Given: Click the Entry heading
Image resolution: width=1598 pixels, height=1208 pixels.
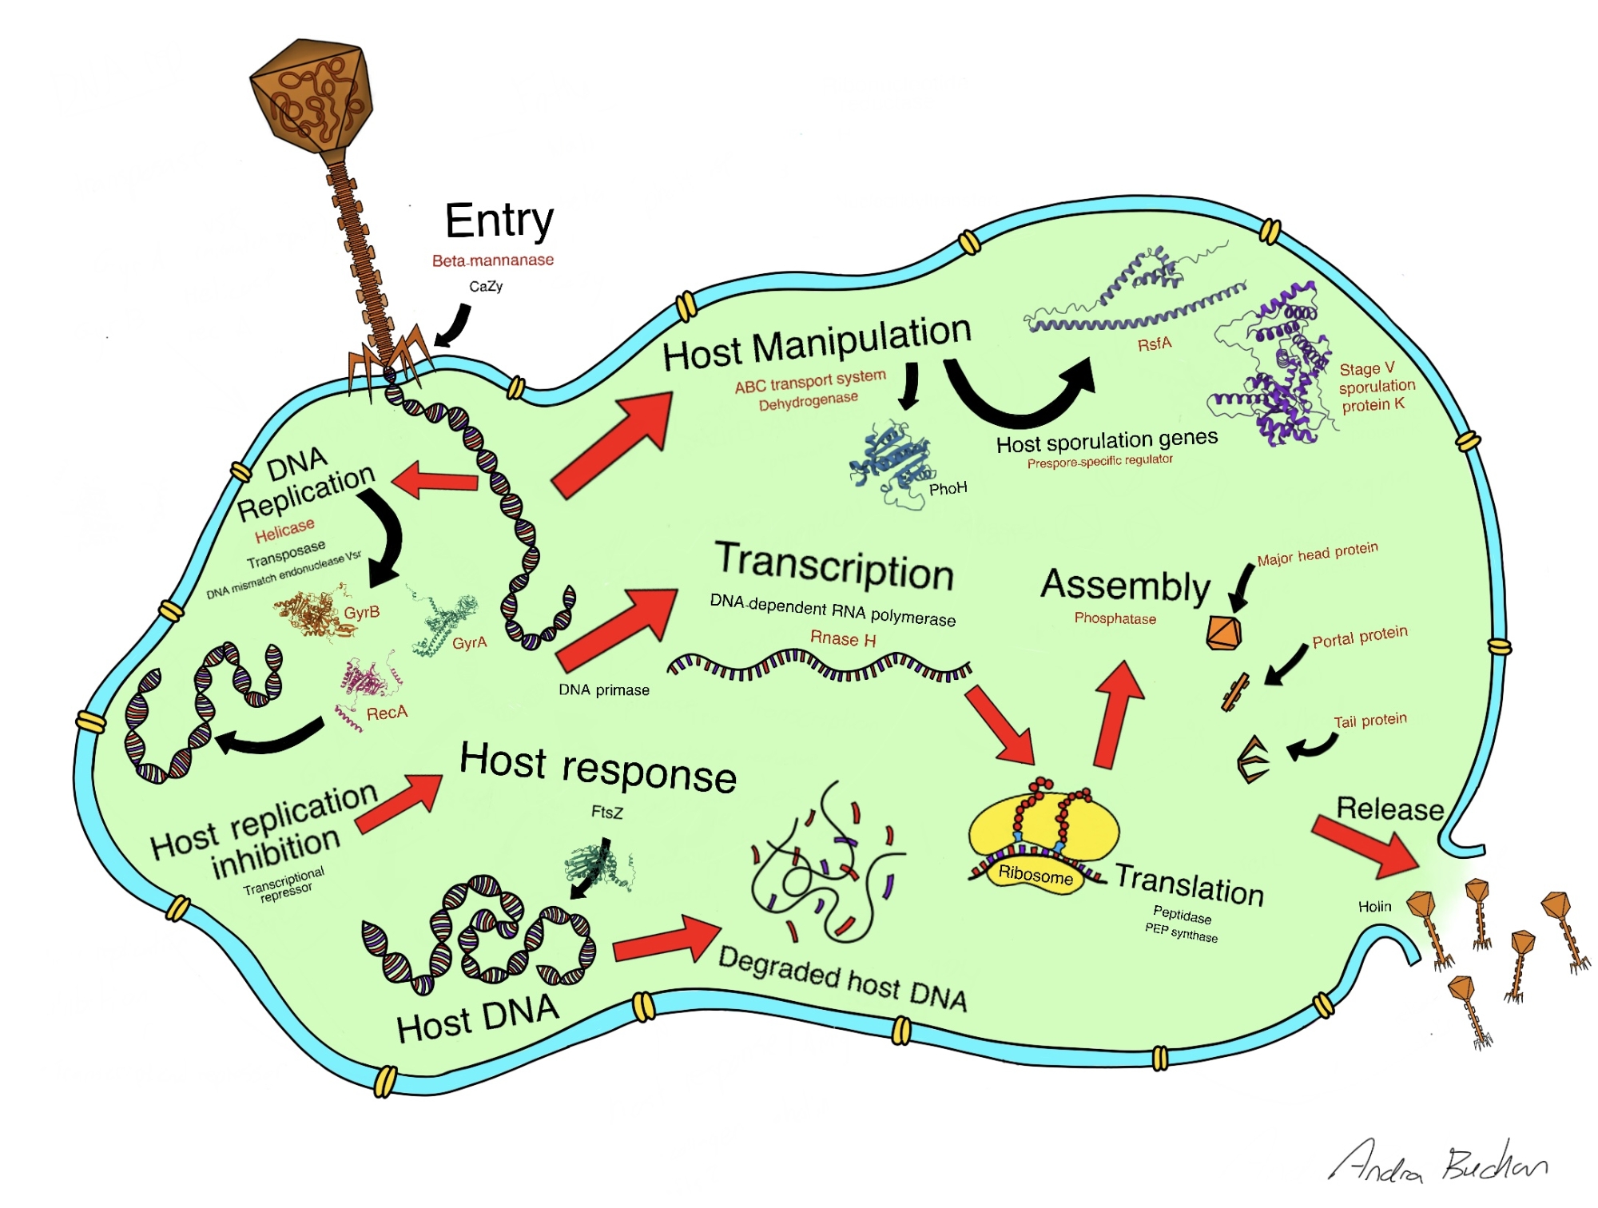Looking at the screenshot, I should [499, 221].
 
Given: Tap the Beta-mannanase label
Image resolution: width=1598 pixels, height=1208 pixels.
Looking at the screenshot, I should [492, 260].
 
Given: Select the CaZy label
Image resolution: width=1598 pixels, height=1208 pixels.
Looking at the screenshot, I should [486, 286].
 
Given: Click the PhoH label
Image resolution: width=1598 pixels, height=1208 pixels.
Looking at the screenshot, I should [948, 488].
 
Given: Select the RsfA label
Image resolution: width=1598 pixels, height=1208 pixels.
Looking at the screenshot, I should [1155, 344].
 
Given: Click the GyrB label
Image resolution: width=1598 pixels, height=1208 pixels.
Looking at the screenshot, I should [361, 613].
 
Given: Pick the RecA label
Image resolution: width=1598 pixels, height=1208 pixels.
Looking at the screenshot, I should [387, 713].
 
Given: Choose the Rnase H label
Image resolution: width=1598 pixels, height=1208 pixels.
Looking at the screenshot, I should [843, 639].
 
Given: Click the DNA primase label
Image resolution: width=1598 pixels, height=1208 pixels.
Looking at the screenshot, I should [604, 690].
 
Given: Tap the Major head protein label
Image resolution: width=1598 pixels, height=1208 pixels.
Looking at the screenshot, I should [1318, 554].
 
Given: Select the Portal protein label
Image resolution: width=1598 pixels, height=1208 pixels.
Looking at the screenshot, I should [1359, 637].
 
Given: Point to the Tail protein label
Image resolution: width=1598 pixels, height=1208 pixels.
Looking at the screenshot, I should [1370, 721].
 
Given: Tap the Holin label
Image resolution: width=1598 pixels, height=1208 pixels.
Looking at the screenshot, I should [1374, 907].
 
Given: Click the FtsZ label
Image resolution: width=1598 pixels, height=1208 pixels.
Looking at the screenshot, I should [606, 813].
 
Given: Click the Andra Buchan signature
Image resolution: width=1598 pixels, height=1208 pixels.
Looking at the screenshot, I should [1438, 1162].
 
